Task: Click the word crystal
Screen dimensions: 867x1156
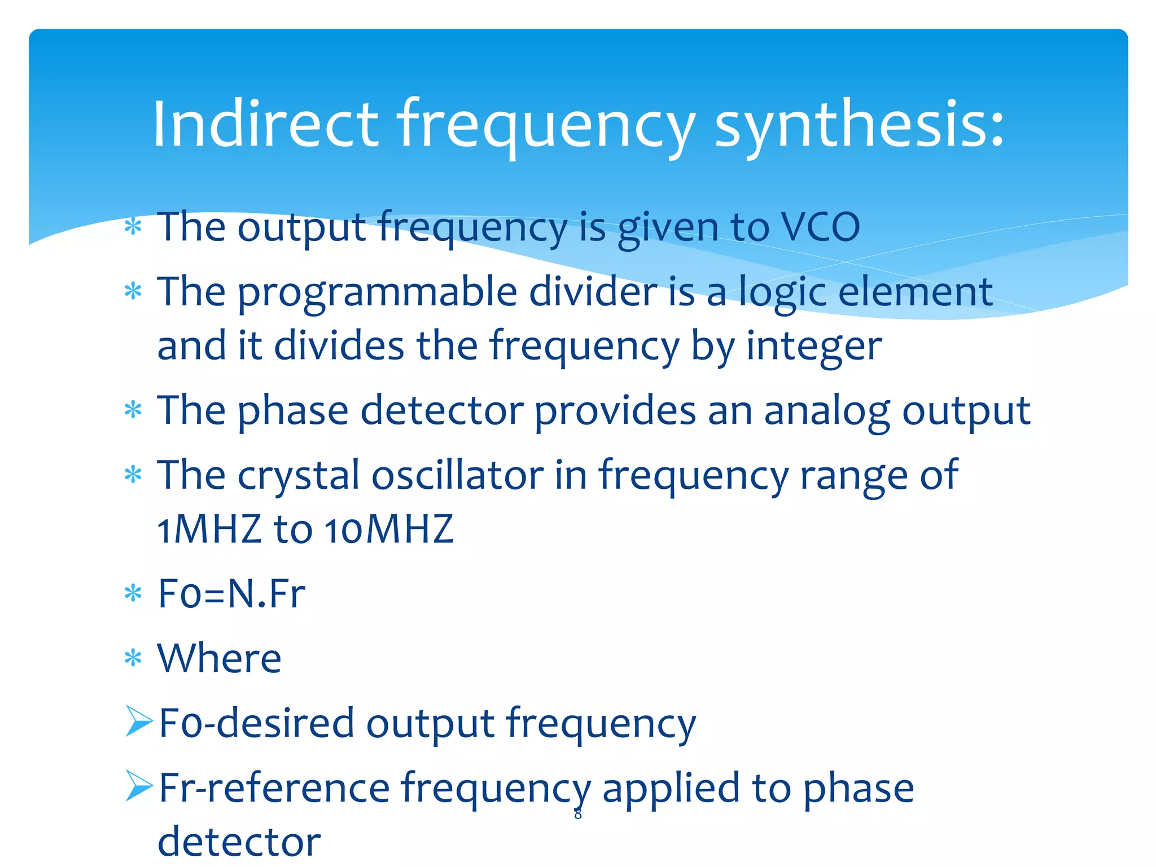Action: pyautogui.click(x=298, y=476)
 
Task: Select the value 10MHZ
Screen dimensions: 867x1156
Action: pyautogui.click(x=389, y=529)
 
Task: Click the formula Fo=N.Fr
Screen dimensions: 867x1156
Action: pyautogui.click(x=231, y=594)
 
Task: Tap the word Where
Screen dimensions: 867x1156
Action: pyautogui.click(x=219, y=658)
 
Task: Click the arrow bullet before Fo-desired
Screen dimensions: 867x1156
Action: pyautogui.click(x=139, y=721)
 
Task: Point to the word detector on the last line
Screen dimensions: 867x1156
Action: pyautogui.click(x=239, y=842)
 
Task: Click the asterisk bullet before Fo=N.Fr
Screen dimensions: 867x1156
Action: pyautogui.click(x=133, y=594)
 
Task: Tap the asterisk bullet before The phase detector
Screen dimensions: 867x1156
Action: pyautogui.click(x=133, y=410)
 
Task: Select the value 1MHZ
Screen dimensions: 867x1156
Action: pyautogui.click(x=209, y=529)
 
